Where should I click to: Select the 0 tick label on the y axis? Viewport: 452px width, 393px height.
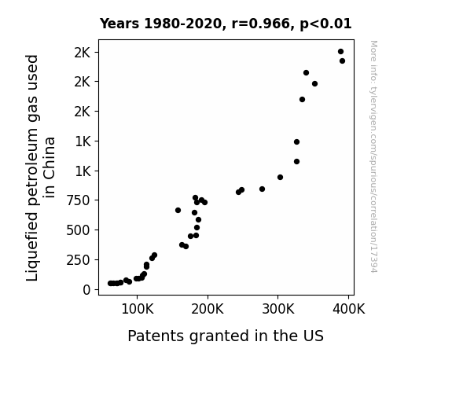[86, 290]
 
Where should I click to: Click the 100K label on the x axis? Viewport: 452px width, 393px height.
[138, 310]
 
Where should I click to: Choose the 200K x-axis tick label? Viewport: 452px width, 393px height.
[208, 310]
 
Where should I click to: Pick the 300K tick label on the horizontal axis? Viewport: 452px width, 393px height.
[278, 310]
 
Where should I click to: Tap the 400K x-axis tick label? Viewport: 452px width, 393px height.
[349, 310]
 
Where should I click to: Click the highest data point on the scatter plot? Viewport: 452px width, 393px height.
[340, 52]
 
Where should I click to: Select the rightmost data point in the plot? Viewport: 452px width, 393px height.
[342, 61]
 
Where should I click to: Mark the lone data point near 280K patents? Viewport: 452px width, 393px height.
[262, 189]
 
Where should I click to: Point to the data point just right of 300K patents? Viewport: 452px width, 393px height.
[280, 177]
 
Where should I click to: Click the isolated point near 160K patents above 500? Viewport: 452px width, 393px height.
[178, 210]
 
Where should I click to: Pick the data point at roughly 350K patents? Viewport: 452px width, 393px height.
[314, 83]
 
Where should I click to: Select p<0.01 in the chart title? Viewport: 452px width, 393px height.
[325, 24]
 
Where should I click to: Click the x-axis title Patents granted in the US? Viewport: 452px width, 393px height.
[226, 336]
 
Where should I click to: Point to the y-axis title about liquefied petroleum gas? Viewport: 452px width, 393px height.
[40, 167]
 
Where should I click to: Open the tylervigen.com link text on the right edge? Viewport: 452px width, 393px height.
[373, 156]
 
